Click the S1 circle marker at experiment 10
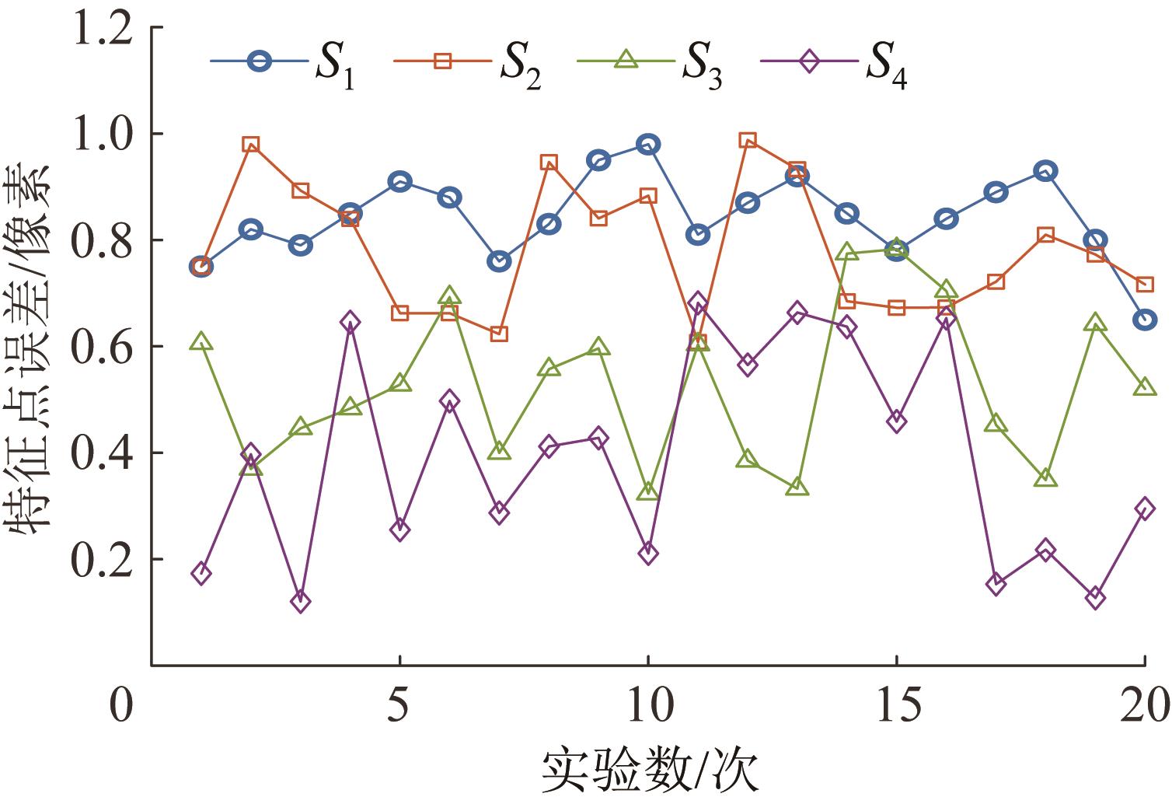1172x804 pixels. [648, 145]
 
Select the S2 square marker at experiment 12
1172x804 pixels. [748, 141]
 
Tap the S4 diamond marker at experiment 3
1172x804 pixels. [300, 601]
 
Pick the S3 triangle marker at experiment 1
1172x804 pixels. [201, 342]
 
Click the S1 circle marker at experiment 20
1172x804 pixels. [1145, 320]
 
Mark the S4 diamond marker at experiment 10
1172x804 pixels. [648, 554]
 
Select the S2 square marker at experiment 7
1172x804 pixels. [499, 334]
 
